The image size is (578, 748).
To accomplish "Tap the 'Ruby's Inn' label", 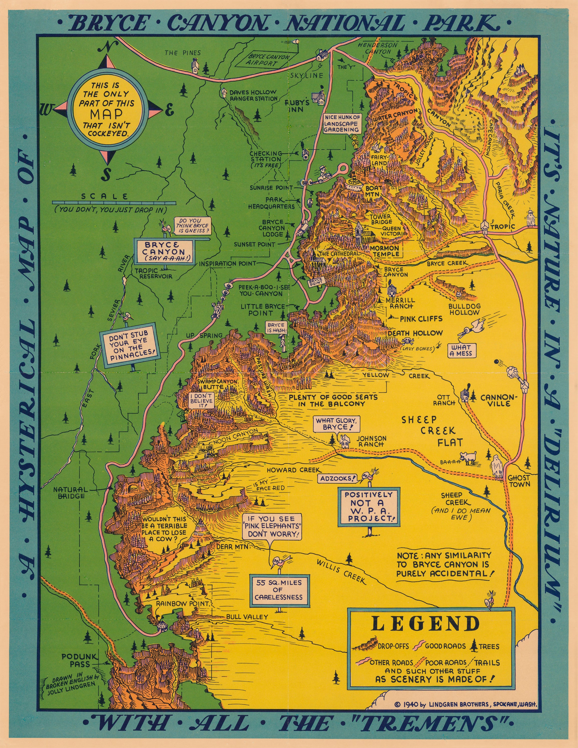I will [297, 106].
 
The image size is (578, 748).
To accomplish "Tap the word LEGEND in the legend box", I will [425, 624].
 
